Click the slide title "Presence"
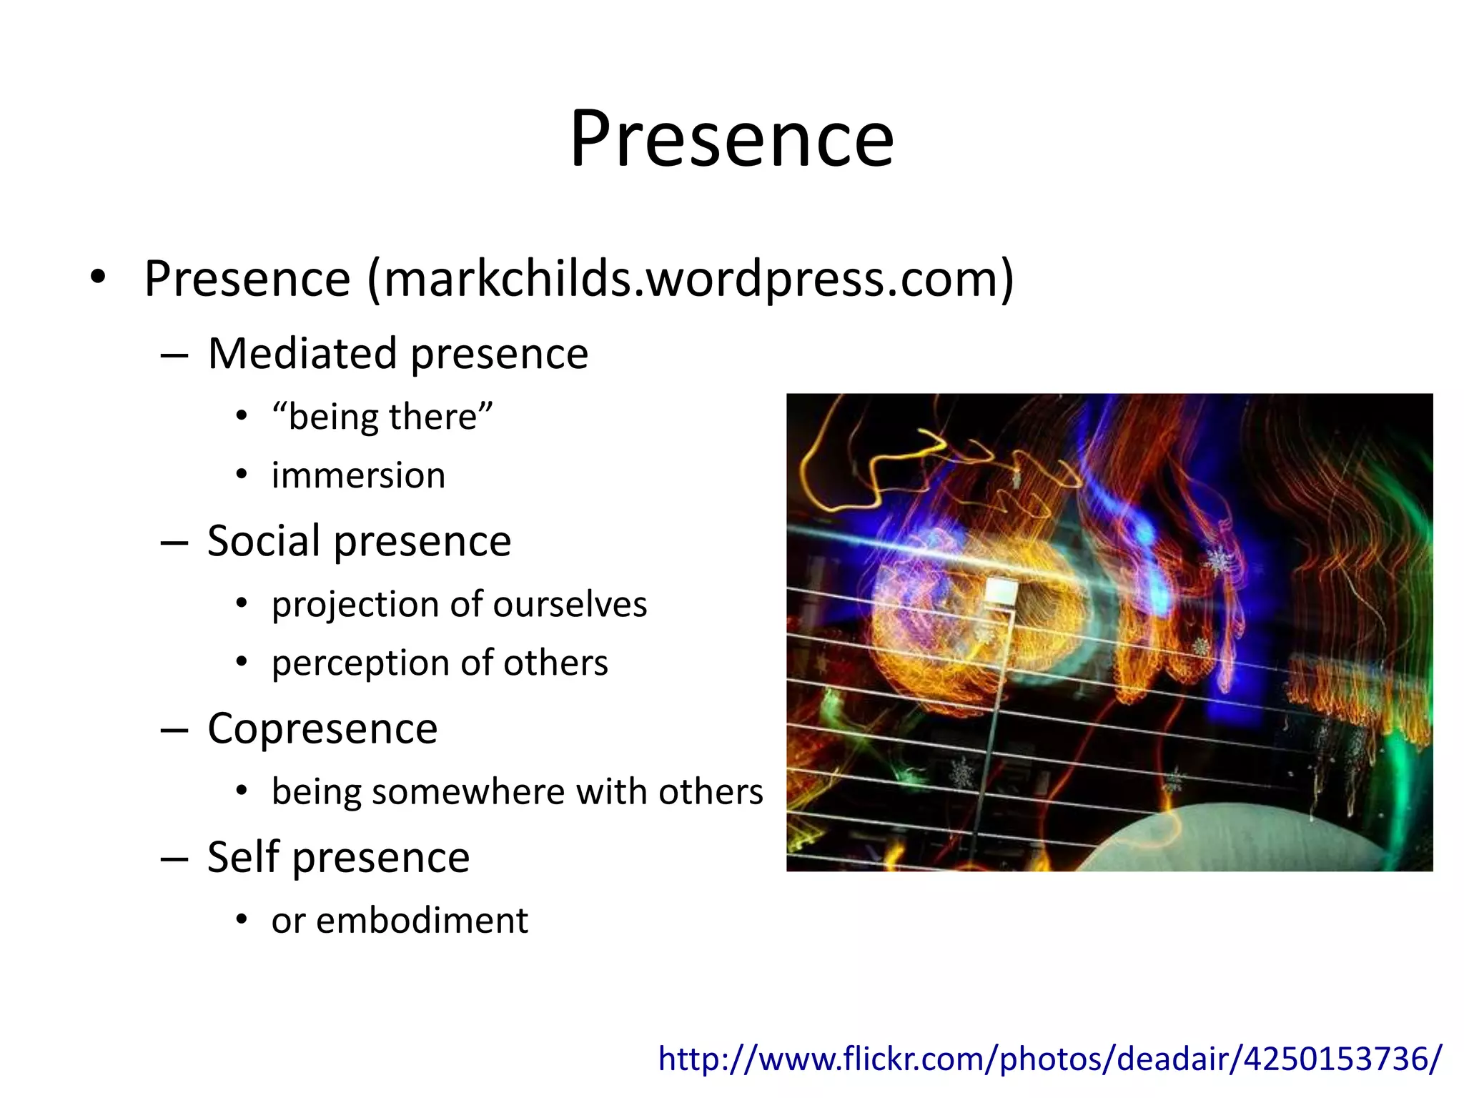pos(731,139)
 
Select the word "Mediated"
pos(302,354)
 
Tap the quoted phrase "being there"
pos(382,417)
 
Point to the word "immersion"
pos(358,476)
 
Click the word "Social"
pos(264,541)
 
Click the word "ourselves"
pos(569,605)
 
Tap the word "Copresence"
pos(322,729)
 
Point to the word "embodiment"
pos(422,921)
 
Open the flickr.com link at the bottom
pos(1049,1059)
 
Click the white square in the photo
pos(1001,593)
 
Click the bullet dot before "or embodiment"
pos(242,920)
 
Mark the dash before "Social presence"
pos(174,543)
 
